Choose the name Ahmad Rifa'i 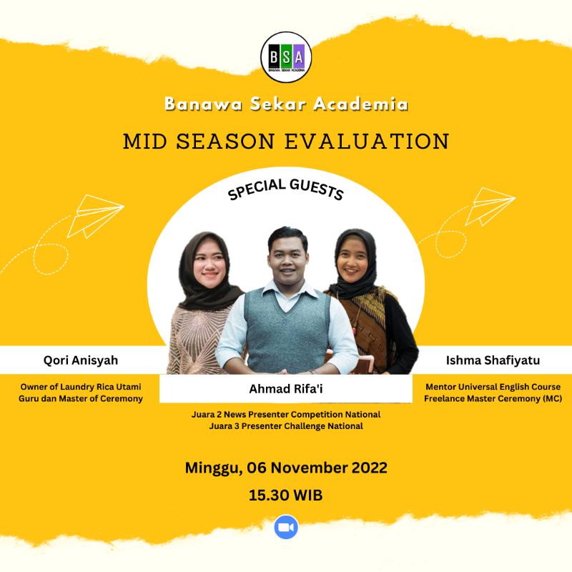pyautogui.click(x=285, y=390)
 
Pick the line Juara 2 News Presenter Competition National pyautogui.click(x=285, y=414)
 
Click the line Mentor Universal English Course pyautogui.click(x=491, y=386)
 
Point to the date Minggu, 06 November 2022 pyautogui.click(x=286, y=468)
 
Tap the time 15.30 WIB pyautogui.click(x=285, y=495)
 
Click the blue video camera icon pyautogui.click(x=286, y=528)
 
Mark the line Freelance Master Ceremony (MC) pyautogui.click(x=491, y=398)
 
